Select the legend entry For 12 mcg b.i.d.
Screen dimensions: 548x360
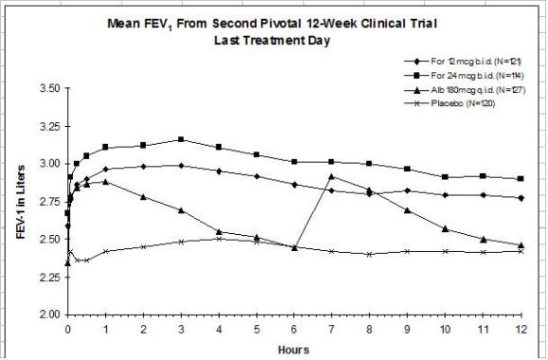click(x=463, y=62)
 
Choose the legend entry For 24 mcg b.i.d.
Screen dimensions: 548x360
click(x=464, y=76)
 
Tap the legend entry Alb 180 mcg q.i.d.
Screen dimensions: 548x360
click(x=465, y=90)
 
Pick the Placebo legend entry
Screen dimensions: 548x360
click(x=449, y=103)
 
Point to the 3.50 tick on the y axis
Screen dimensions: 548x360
click(x=51, y=88)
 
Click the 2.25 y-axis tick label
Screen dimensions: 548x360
click(x=51, y=278)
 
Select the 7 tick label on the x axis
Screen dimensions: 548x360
click(x=331, y=330)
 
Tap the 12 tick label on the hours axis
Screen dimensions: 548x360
click(x=521, y=330)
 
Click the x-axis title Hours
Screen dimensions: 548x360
click(x=294, y=350)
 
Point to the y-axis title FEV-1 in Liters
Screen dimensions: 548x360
click(x=21, y=202)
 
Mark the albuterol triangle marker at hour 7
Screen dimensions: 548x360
click(x=331, y=176)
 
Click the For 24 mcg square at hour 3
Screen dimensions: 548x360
click(x=181, y=139)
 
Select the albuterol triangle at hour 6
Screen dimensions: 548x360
click(x=294, y=247)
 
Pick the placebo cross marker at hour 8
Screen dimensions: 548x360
click(x=369, y=254)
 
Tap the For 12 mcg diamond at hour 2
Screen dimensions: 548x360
click(x=143, y=166)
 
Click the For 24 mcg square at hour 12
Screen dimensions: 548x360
click(x=521, y=178)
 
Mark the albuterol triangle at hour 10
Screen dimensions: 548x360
click(x=446, y=228)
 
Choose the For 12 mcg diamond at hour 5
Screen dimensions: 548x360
click(x=257, y=176)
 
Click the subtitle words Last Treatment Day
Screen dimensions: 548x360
click(x=272, y=40)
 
